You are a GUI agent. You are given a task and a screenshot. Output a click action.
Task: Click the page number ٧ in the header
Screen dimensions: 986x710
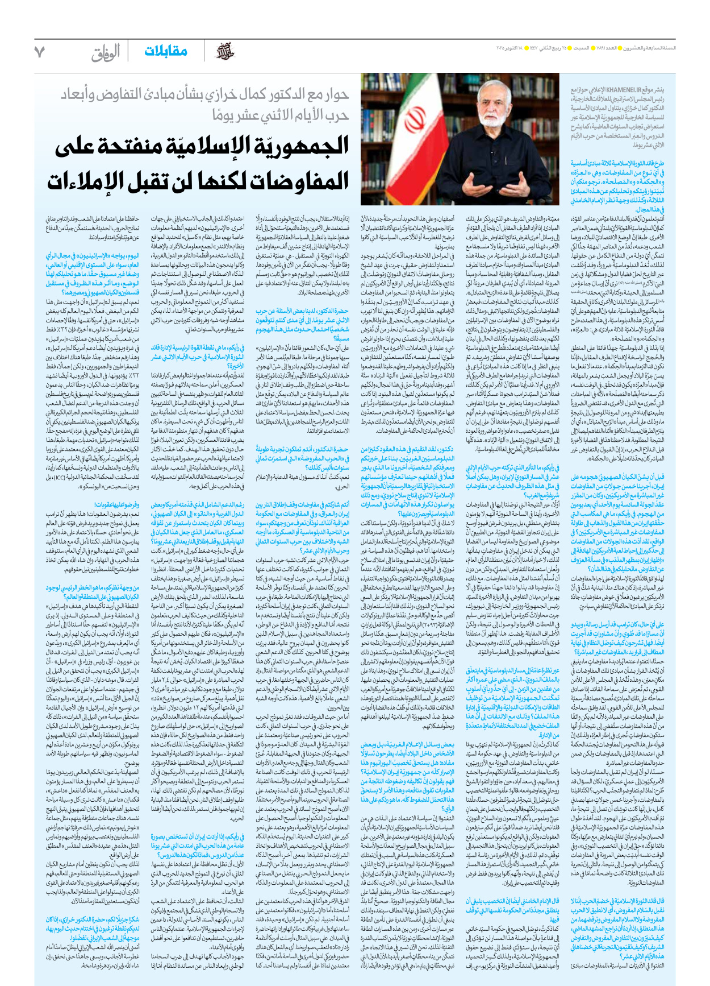coord(39,52)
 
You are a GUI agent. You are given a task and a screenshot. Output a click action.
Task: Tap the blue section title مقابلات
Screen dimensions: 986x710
coord(165,52)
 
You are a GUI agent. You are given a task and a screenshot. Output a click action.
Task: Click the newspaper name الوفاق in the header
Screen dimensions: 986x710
coord(106,53)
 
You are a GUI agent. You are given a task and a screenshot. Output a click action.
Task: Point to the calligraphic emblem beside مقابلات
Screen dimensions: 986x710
coord(225,52)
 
